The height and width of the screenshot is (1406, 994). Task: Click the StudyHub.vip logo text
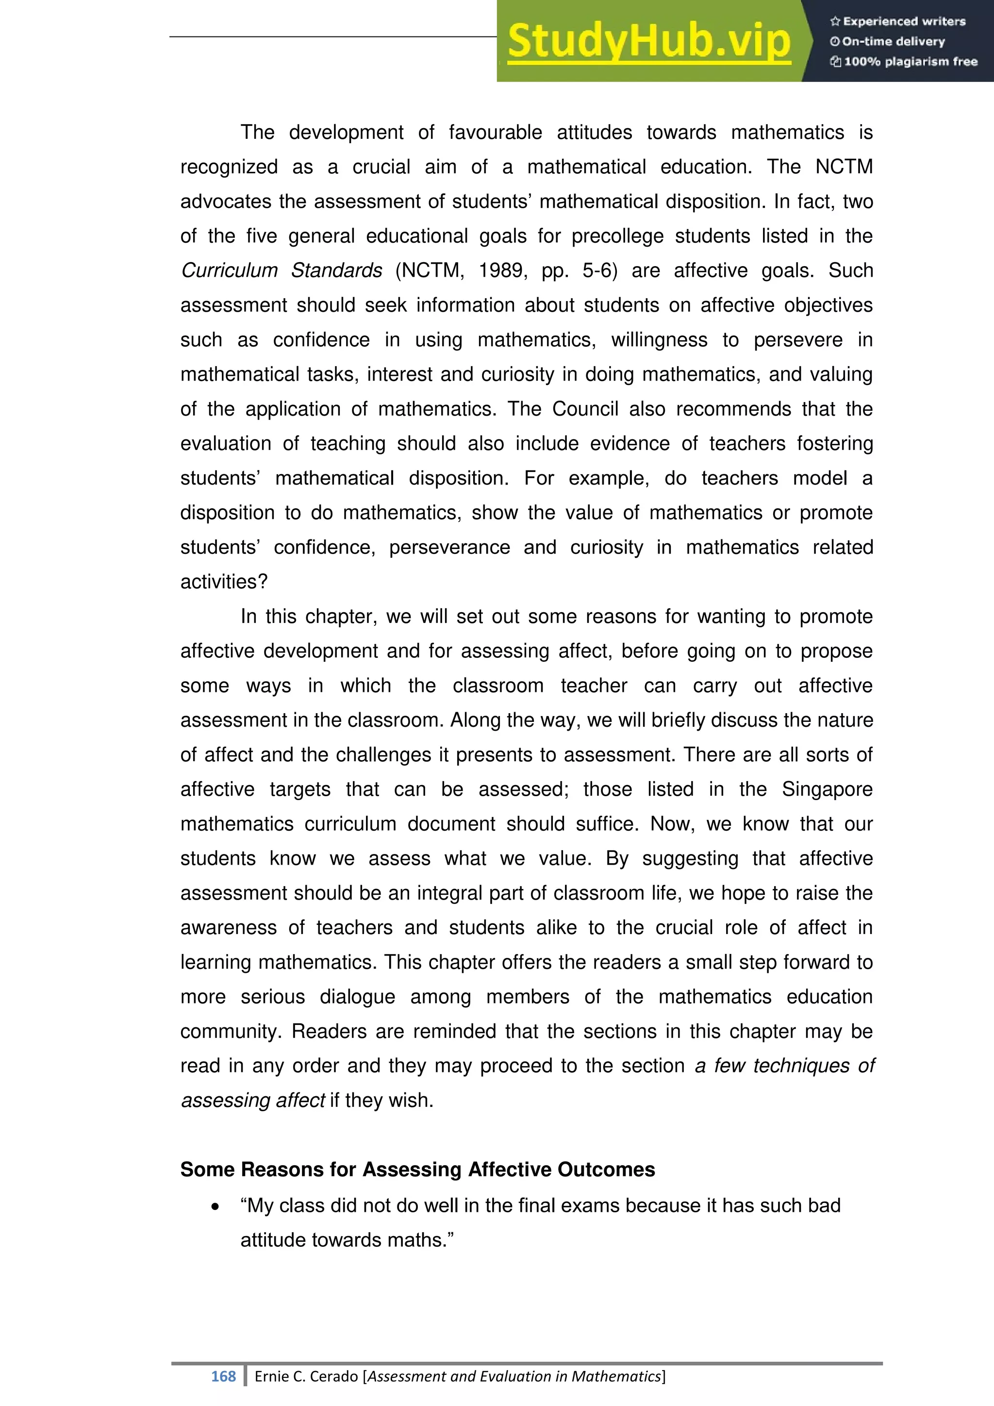pyautogui.click(x=649, y=42)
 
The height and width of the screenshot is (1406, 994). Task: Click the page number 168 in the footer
pyautogui.click(x=223, y=1376)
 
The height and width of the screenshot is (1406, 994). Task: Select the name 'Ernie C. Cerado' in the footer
pyautogui.click(x=307, y=1376)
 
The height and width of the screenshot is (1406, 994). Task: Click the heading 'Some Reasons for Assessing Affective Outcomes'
pyautogui.click(x=417, y=1170)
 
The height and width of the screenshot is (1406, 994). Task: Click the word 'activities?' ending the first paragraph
pyautogui.click(x=224, y=582)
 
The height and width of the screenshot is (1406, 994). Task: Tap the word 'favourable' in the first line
pyautogui.click(x=495, y=132)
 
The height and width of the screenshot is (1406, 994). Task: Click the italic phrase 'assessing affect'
pyautogui.click(x=253, y=1101)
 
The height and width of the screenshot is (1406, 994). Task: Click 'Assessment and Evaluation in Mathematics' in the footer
pyautogui.click(x=514, y=1376)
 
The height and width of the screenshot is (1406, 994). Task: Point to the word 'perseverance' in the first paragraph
pyautogui.click(x=449, y=548)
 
